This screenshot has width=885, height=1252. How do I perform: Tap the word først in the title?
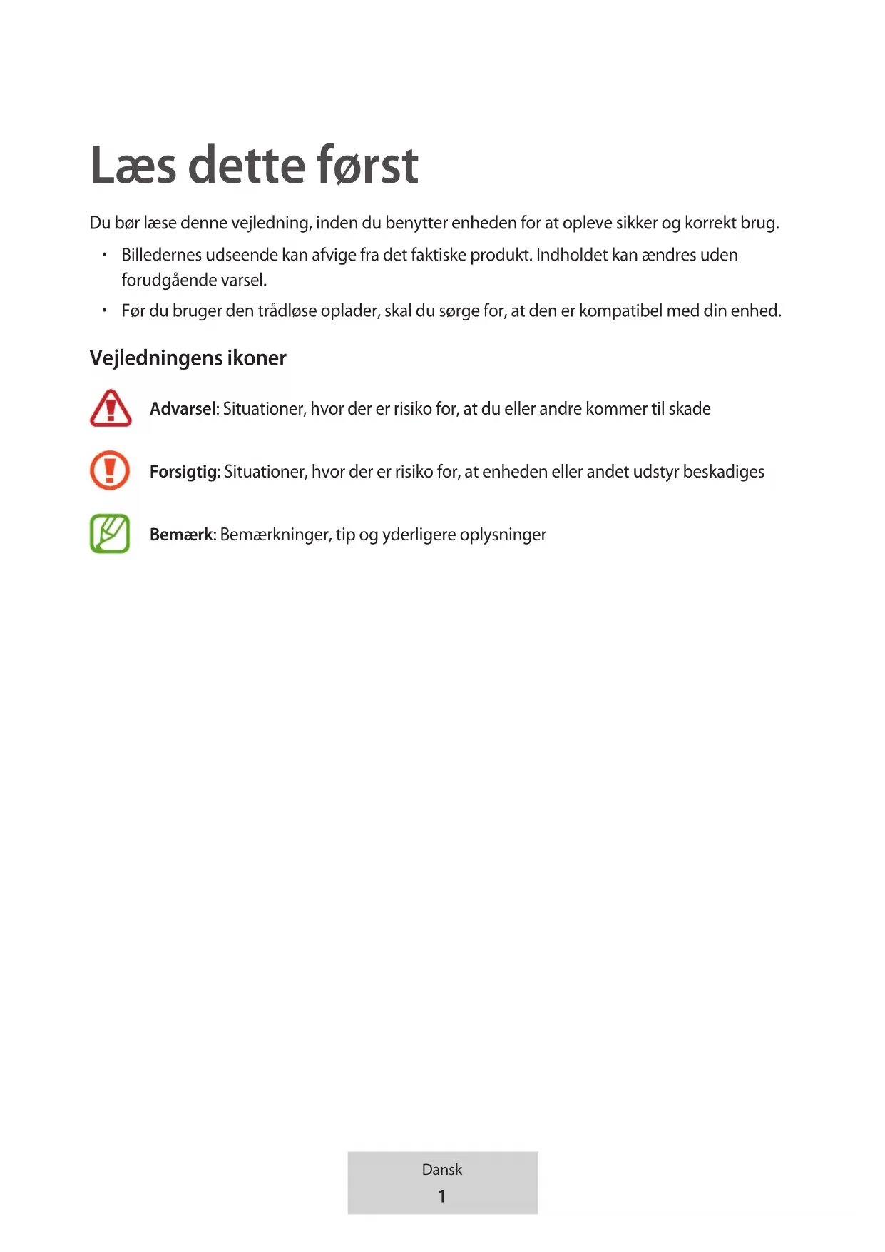[367, 166]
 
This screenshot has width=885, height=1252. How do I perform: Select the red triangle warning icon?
[111, 408]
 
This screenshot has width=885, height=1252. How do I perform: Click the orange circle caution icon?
[110, 470]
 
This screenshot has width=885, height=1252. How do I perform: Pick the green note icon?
[110, 534]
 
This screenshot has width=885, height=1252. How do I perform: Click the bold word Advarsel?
[183, 409]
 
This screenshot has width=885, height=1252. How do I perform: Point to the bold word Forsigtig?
[184, 472]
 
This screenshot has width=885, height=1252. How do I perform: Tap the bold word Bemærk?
[182, 535]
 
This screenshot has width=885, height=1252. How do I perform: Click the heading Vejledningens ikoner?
[188, 358]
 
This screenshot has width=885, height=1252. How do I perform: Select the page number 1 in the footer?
[442, 1196]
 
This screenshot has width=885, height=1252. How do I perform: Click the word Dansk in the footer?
[442, 1170]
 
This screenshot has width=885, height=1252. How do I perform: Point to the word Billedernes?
[161, 255]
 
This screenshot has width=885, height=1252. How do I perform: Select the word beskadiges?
[723, 472]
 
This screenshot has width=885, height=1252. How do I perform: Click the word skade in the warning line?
[690, 409]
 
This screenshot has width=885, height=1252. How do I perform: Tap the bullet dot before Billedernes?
[104, 254]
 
